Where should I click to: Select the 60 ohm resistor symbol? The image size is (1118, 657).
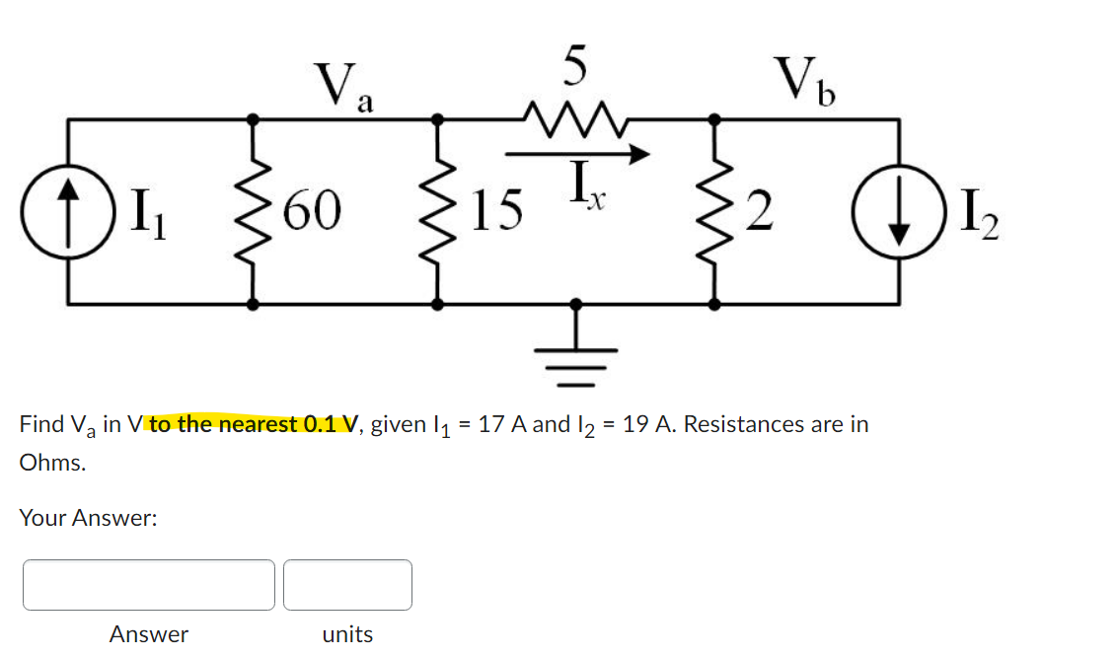tap(254, 210)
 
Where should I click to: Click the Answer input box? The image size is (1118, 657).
tap(149, 585)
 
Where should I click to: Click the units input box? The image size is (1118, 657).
tap(347, 585)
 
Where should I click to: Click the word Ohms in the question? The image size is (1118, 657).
tap(51, 463)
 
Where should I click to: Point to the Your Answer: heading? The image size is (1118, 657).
tap(88, 518)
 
